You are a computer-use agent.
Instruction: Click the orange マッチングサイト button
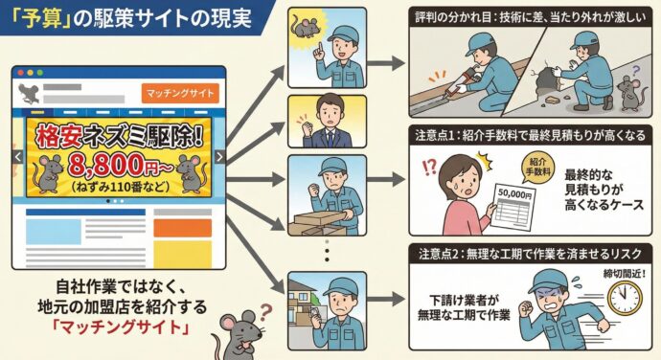pyautogui.click(x=180, y=93)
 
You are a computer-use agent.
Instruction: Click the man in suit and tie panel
pyautogui.click(x=326, y=120)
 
